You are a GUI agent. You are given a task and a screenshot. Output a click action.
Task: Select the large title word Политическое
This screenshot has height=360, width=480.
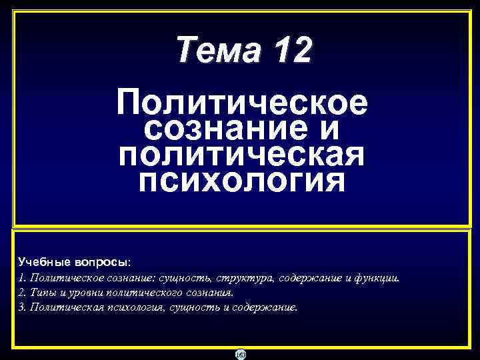(241, 103)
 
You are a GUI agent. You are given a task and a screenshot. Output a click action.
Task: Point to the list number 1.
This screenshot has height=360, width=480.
(22, 278)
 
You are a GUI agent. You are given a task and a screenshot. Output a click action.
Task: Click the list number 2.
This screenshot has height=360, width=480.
(22, 293)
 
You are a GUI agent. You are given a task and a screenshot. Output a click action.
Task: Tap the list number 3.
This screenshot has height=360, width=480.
(22, 307)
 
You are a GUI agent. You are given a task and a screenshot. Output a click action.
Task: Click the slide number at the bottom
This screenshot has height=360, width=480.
(241, 354)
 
